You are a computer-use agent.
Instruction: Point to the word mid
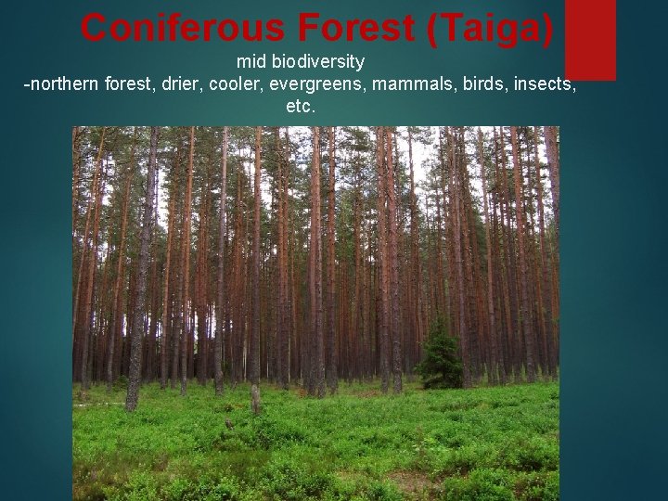pyautogui.click(x=251, y=63)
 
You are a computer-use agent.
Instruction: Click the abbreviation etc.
pyautogui.click(x=302, y=107)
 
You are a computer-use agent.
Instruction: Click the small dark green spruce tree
pyautogui.click(x=440, y=357)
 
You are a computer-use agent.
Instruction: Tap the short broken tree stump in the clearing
pyautogui.click(x=256, y=399)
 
